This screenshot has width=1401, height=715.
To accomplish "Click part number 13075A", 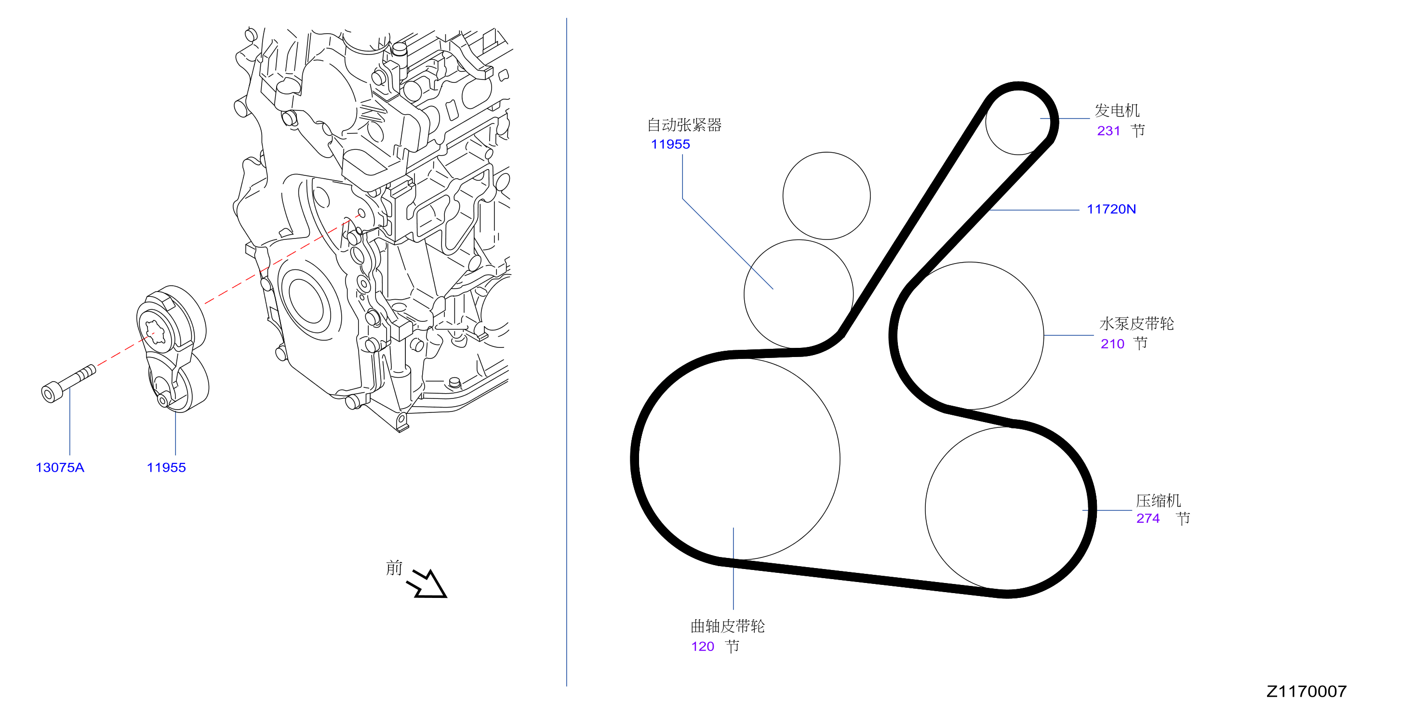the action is pyautogui.click(x=60, y=468).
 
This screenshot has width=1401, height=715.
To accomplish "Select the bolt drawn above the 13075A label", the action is pyautogui.click(x=68, y=384).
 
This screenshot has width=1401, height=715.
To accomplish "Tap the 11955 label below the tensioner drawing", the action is pyautogui.click(x=166, y=468).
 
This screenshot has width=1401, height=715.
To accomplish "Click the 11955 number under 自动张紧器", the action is pyautogui.click(x=670, y=144).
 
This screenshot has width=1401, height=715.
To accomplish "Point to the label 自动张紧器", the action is pyautogui.click(x=684, y=125).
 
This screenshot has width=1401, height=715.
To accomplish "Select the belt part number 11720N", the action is pyautogui.click(x=1111, y=209).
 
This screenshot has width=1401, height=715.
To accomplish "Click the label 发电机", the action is pyautogui.click(x=1117, y=110).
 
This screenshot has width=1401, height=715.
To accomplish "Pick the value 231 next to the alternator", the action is pyautogui.click(x=1108, y=131).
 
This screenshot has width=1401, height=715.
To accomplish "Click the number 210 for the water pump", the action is pyautogui.click(x=1112, y=344).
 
